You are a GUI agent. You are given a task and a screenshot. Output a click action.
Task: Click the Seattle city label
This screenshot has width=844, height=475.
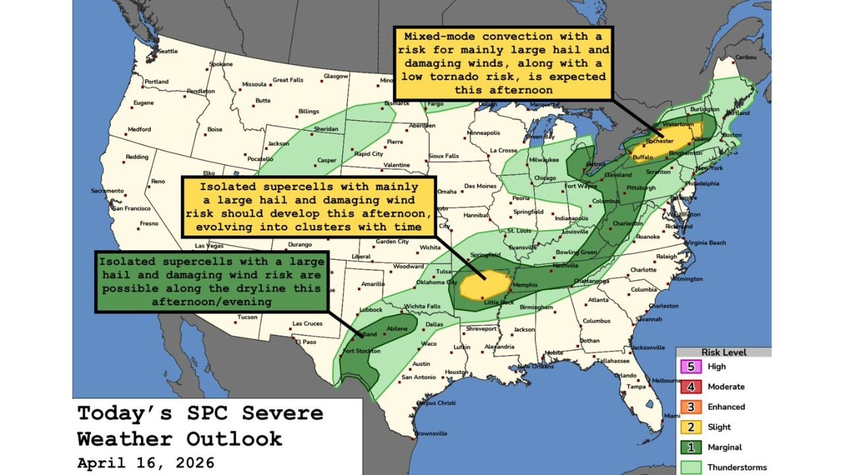(x=168, y=51)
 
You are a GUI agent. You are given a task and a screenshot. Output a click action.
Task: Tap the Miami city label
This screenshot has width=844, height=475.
(x=672, y=416)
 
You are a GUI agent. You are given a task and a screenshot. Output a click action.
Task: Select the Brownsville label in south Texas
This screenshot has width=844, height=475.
(x=431, y=433)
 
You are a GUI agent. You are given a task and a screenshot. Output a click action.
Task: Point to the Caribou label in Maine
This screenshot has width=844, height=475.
(x=745, y=57)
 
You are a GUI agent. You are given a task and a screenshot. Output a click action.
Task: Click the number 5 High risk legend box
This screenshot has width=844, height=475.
(x=689, y=367)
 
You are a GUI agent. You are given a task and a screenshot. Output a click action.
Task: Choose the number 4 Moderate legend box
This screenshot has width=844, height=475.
(x=689, y=387)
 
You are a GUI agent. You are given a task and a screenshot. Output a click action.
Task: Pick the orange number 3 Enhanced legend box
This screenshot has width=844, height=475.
(x=689, y=407)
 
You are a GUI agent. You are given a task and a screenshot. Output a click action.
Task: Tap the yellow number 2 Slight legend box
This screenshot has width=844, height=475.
(x=689, y=427)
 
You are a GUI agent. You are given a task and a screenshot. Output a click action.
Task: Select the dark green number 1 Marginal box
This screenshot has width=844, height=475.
(x=689, y=447)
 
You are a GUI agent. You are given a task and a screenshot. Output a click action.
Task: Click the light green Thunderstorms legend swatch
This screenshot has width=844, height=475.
(x=689, y=467)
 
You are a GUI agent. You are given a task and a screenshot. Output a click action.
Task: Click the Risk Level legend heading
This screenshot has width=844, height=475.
(x=723, y=352)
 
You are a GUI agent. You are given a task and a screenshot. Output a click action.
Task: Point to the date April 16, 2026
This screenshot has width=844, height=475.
(x=146, y=462)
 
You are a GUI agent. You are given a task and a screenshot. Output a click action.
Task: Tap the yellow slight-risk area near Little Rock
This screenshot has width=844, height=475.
(x=485, y=286)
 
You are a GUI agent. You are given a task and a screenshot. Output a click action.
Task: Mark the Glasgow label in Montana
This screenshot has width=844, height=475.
(x=336, y=76)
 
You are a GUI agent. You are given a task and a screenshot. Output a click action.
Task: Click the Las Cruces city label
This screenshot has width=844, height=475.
(x=307, y=323)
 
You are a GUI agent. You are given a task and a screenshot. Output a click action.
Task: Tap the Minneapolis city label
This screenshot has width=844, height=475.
(x=488, y=133)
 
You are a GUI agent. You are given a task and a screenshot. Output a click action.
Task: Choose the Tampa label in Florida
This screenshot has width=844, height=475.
(x=636, y=387)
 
